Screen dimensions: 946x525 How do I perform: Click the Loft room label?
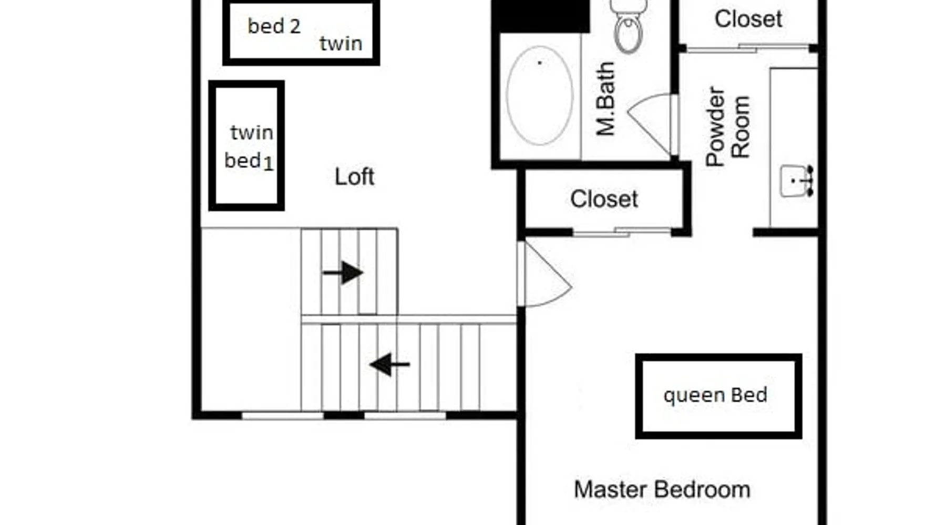(x=354, y=177)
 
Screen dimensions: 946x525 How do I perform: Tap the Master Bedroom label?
(x=662, y=490)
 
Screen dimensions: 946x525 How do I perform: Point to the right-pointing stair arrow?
(x=343, y=272)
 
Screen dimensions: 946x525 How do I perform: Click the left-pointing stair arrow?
(x=389, y=364)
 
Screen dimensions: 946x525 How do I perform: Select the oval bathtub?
(x=540, y=96)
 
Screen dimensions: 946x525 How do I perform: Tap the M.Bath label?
(x=605, y=99)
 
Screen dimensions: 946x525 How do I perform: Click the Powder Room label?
(x=727, y=127)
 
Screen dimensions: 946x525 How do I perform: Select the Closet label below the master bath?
(x=604, y=199)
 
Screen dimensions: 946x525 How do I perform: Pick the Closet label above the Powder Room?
(x=748, y=19)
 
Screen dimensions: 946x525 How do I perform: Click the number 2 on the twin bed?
(x=295, y=26)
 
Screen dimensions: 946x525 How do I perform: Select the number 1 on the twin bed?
(x=268, y=164)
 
